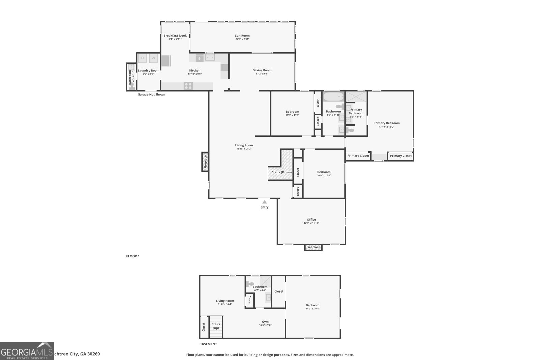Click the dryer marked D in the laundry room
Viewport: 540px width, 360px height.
tap(142, 58)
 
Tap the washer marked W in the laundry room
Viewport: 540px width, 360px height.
tap(153, 58)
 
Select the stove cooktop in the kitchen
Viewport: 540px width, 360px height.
tap(188, 86)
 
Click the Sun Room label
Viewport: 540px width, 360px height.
tap(242, 36)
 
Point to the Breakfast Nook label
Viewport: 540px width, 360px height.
tap(175, 36)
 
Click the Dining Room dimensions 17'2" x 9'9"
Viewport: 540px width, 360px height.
tap(262, 74)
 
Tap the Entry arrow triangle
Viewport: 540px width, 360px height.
tap(264, 202)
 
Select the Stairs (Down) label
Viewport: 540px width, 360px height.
tap(281, 172)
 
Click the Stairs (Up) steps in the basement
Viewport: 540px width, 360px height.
tap(216, 326)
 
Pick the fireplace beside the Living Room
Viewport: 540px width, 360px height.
tap(205, 162)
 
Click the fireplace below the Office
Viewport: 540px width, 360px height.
tap(313, 247)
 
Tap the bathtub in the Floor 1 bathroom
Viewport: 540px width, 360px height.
tap(333, 96)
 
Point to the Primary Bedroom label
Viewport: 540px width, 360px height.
tap(386, 123)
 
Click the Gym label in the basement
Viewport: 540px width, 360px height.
tap(265, 322)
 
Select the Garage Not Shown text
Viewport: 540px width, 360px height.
tap(151, 95)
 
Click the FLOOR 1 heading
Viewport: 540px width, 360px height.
tap(133, 256)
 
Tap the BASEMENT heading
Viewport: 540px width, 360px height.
tap(208, 344)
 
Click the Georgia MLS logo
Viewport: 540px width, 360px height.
tap(27, 351)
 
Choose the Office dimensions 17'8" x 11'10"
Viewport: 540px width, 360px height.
tap(311, 223)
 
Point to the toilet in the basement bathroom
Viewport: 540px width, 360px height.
tap(250, 284)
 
